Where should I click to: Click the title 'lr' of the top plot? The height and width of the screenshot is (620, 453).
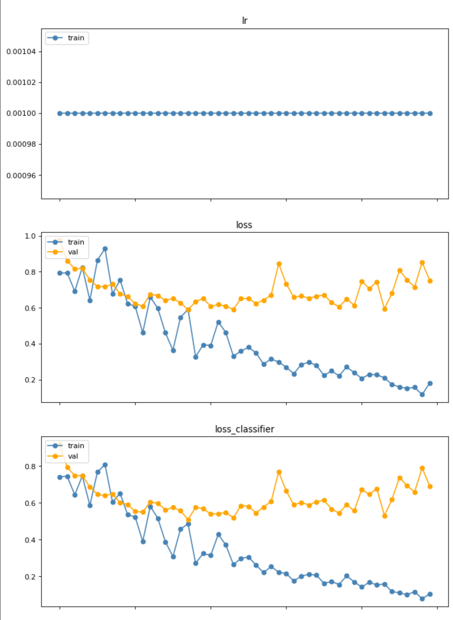tap(245, 21)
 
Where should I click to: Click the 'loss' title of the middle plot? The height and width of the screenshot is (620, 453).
tap(244, 225)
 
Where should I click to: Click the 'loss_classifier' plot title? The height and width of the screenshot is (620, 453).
tap(245, 429)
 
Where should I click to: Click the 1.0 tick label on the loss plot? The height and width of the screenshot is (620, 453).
tap(30, 236)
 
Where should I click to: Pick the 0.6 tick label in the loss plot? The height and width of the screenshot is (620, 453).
tap(30, 308)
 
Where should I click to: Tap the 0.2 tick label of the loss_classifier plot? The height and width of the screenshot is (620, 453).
tap(30, 577)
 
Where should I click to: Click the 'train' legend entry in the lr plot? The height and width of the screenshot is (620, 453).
tap(76, 38)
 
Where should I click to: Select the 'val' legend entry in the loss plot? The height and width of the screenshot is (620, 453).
tap(73, 252)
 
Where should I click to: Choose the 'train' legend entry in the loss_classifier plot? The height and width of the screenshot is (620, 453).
tap(76, 446)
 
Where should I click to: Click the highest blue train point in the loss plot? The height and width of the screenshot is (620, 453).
tap(105, 249)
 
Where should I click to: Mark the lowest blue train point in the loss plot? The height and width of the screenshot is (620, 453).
tap(422, 395)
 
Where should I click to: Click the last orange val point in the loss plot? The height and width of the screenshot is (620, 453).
tap(430, 281)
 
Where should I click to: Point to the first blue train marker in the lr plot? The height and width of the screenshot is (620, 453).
tap(60, 113)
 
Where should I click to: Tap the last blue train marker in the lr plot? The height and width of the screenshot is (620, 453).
tap(430, 113)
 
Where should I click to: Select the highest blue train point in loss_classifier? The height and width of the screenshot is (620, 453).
tap(105, 465)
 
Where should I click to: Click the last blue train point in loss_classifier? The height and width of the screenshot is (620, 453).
tap(430, 594)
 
